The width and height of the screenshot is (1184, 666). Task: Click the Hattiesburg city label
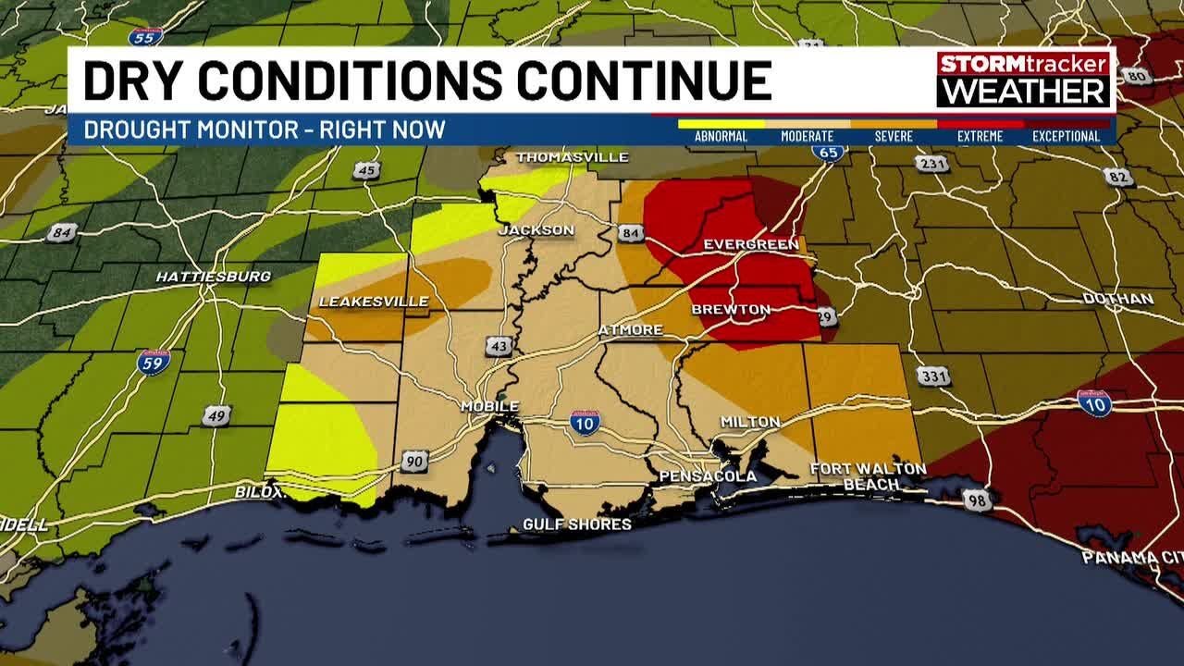pyautogui.click(x=213, y=277)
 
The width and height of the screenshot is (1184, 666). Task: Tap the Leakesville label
pyautogui.click(x=373, y=302)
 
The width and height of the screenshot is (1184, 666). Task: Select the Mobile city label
pyautogui.click(x=490, y=406)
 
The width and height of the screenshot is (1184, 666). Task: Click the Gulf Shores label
pyautogui.click(x=577, y=524)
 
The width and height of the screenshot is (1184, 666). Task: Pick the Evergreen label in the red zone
pyautogui.click(x=750, y=244)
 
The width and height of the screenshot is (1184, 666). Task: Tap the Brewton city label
pyautogui.click(x=731, y=309)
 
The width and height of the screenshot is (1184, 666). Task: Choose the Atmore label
pyautogui.click(x=630, y=329)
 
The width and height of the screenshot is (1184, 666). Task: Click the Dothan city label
pyautogui.click(x=1118, y=299)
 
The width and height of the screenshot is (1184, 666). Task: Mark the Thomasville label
pyautogui.click(x=572, y=157)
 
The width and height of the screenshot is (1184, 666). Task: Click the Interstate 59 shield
pyautogui.click(x=154, y=361)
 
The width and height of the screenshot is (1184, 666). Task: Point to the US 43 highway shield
pyautogui.click(x=499, y=346)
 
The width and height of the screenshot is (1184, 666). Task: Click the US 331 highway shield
pyautogui.click(x=933, y=376)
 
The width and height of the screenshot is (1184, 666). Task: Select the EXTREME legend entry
pyautogui.click(x=980, y=136)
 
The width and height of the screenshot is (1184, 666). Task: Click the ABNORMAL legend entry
pyautogui.click(x=721, y=136)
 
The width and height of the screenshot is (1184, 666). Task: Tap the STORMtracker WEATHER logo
pyautogui.click(x=1023, y=79)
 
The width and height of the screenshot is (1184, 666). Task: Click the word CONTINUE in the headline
pyautogui.click(x=644, y=80)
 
